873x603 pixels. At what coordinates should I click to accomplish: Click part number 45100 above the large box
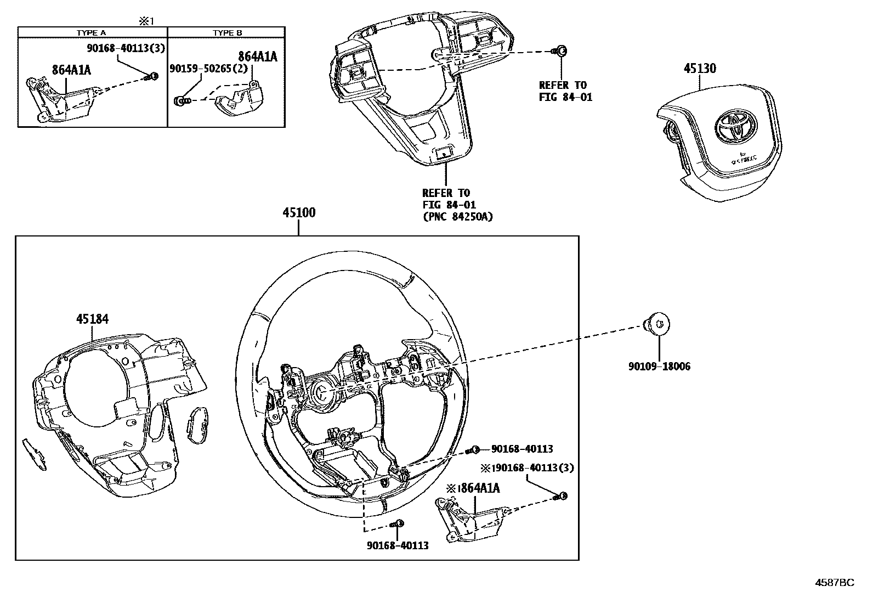299,213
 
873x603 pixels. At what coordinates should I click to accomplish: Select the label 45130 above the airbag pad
699,69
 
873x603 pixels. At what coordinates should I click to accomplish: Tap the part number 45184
92,319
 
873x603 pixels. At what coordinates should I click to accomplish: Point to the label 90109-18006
659,367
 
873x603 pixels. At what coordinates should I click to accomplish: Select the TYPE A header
91,33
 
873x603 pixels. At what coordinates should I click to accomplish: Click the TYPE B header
228,33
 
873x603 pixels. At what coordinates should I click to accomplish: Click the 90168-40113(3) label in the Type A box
126,48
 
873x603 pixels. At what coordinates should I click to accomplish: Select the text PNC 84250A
457,217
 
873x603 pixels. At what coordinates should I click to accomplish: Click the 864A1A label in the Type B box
258,57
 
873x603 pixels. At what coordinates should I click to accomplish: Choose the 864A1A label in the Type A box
71,70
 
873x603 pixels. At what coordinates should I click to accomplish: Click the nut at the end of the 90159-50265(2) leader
181,100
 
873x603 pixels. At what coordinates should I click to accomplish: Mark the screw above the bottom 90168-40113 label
399,523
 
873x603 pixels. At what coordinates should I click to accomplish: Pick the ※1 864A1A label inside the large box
474,488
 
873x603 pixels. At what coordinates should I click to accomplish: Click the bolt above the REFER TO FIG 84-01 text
561,51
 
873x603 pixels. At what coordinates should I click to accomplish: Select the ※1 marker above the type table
146,21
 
